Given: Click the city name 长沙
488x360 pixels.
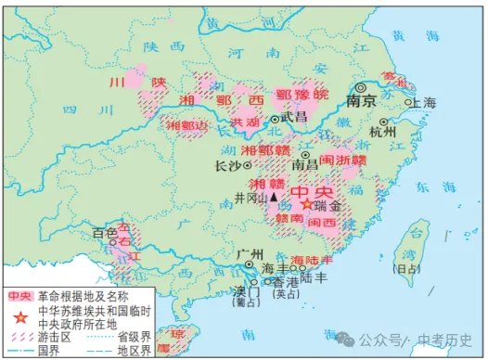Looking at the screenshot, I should click(x=227, y=167).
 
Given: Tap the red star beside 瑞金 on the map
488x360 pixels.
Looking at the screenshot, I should click(x=308, y=205).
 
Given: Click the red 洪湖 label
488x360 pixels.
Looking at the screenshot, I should click(x=245, y=121).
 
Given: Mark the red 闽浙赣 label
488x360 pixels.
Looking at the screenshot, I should click(x=342, y=160).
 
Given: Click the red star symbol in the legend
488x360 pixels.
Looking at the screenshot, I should click(x=18, y=312).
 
